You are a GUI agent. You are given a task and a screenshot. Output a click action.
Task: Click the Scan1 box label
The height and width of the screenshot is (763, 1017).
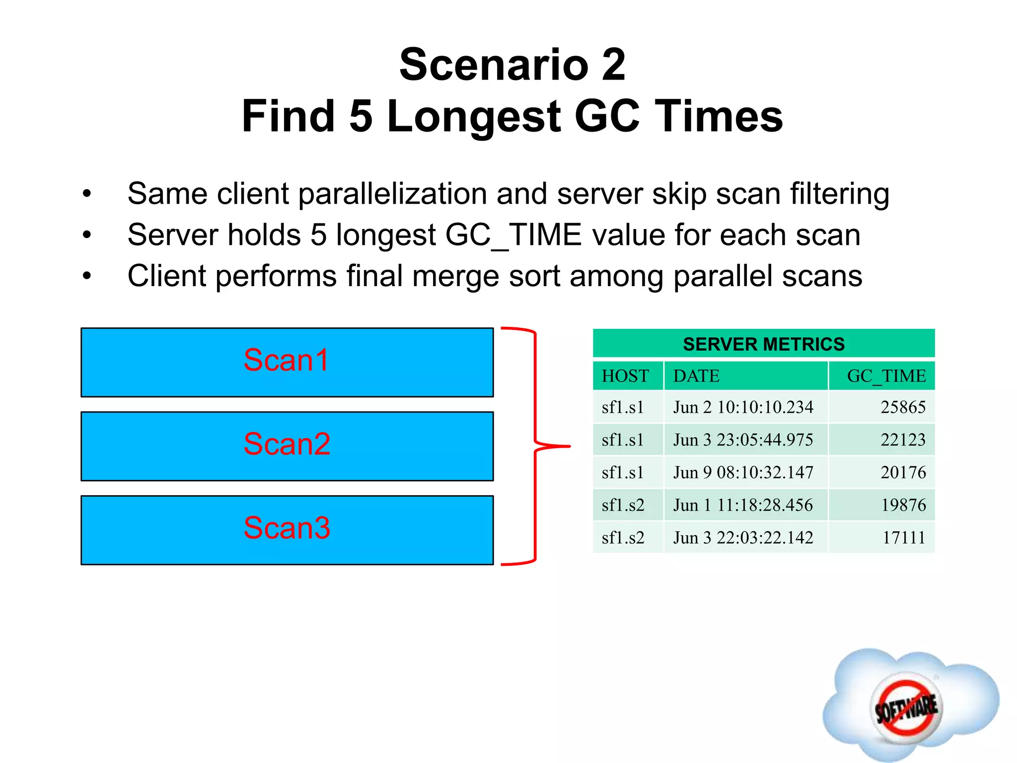(x=287, y=360)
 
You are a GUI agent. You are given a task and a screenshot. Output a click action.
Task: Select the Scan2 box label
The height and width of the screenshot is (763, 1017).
(x=287, y=444)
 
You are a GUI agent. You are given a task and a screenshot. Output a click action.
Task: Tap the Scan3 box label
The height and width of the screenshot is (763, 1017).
(x=287, y=528)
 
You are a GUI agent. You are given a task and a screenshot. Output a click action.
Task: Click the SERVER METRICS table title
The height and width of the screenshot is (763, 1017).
(x=763, y=344)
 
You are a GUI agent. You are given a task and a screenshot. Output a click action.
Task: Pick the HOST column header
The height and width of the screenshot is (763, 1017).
(x=625, y=376)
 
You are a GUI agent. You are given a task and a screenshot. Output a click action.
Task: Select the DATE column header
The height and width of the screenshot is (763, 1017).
(x=696, y=376)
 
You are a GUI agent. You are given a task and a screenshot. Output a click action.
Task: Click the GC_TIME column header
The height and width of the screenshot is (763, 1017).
(x=886, y=376)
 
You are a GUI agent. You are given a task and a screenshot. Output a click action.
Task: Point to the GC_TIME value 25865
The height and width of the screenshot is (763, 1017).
(x=903, y=407)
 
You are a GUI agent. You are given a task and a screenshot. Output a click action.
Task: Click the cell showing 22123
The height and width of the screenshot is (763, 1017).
(x=903, y=440)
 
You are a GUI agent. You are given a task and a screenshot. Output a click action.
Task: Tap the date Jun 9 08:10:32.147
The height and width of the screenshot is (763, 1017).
(x=743, y=472)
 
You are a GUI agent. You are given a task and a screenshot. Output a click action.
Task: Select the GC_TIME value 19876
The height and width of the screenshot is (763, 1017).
(x=903, y=505)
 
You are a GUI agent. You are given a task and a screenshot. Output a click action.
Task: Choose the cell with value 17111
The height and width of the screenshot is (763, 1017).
(x=904, y=537)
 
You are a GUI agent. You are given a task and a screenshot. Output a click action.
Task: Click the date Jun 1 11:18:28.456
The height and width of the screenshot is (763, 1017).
(x=743, y=505)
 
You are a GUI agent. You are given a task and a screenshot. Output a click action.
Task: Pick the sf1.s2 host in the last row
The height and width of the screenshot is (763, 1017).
(x=623, y=537)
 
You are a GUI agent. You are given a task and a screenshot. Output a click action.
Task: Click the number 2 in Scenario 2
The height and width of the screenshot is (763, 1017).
(x=613, y=65)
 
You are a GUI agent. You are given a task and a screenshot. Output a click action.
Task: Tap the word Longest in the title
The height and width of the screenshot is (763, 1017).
(x=474, y=117)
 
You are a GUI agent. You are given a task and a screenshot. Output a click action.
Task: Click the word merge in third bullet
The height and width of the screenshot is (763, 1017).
(x=456, y=276)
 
